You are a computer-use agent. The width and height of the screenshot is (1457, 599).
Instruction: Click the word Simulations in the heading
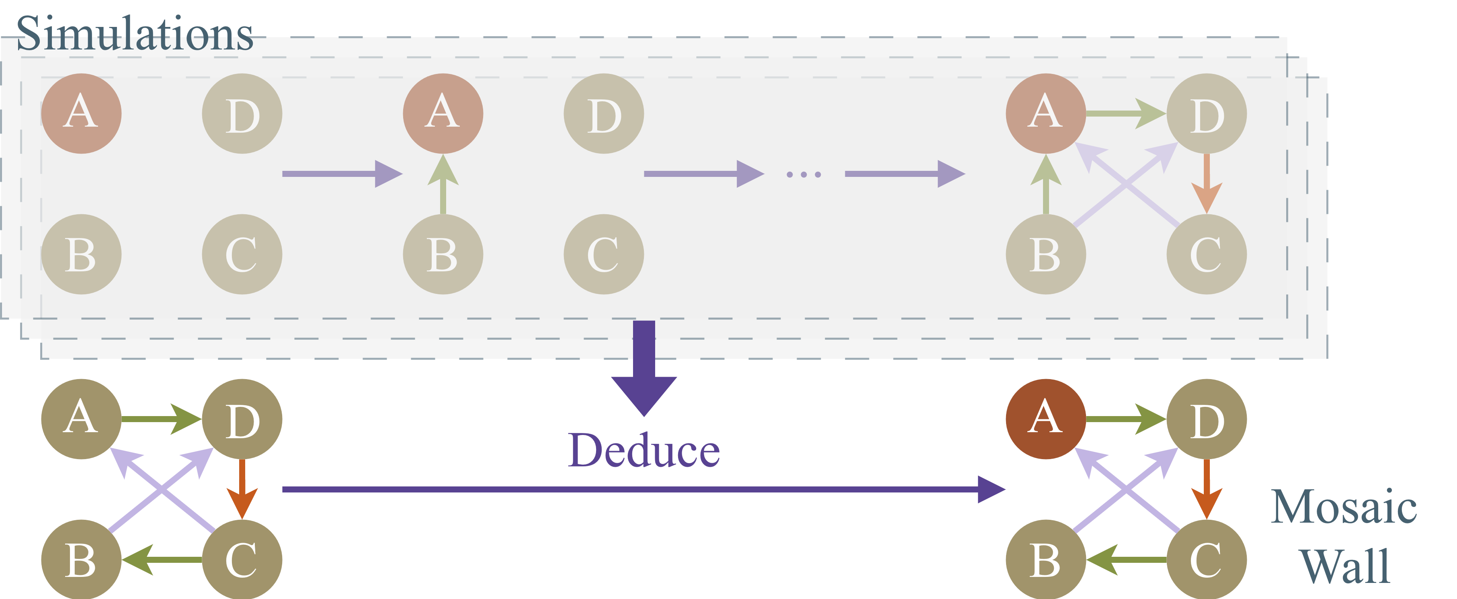(135, 34)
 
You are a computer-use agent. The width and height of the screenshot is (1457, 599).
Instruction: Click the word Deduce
(643, 451)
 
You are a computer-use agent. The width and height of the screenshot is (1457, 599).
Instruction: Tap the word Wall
(1344, 566)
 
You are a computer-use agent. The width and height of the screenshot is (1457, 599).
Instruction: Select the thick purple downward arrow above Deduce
(643, 368)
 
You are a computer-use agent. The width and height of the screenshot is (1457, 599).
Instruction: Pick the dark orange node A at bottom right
(1045, 418)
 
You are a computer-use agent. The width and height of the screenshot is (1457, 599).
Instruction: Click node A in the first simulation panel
(81, 113)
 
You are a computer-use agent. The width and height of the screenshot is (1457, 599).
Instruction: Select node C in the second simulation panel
(604, 254)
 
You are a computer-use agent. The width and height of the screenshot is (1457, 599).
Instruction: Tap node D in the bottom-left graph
(242, 418)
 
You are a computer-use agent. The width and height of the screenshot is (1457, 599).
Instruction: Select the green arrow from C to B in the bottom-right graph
(1125, 560)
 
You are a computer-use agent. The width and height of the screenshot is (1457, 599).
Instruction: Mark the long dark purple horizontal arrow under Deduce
(639, 489)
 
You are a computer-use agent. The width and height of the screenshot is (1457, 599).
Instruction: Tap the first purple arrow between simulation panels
(339, 174)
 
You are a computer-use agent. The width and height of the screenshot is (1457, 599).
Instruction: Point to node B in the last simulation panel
(1045, 254)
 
